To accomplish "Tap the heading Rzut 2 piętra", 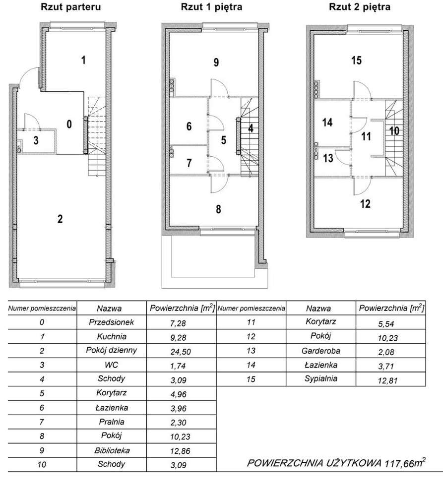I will point(360,7).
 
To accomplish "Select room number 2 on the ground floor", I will point(60,219).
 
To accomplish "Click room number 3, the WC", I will point(36,140).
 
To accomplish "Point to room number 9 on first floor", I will point(216,62).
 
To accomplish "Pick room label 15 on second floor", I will point(356,61).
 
